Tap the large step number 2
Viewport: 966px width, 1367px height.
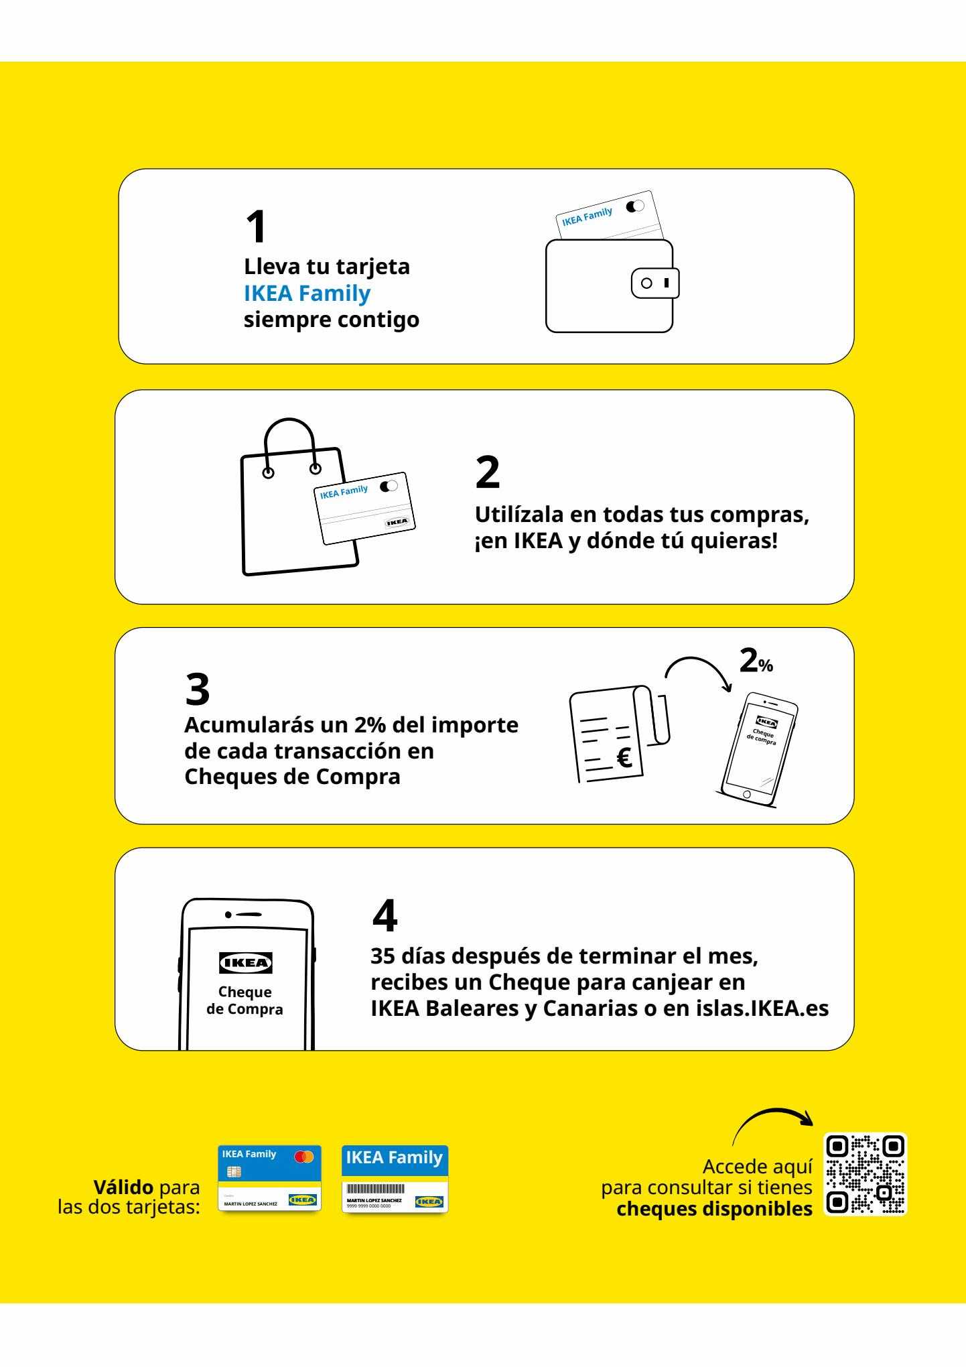(487, 472)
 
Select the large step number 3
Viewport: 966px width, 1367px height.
(197, 689)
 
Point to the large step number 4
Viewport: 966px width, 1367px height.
(385, 916)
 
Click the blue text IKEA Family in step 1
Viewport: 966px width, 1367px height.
(307, 293)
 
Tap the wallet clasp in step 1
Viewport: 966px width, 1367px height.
(655, 283)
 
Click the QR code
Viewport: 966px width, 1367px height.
(865, 1173)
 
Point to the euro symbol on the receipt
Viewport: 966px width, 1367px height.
(624, 758)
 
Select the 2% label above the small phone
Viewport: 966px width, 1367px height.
(756, 661)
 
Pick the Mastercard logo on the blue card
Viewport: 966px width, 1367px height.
(303, 1156)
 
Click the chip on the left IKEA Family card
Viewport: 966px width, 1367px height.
(234, 1171)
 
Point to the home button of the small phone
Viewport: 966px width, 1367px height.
(746, 794)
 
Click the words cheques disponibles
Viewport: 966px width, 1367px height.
(714, 1209)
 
